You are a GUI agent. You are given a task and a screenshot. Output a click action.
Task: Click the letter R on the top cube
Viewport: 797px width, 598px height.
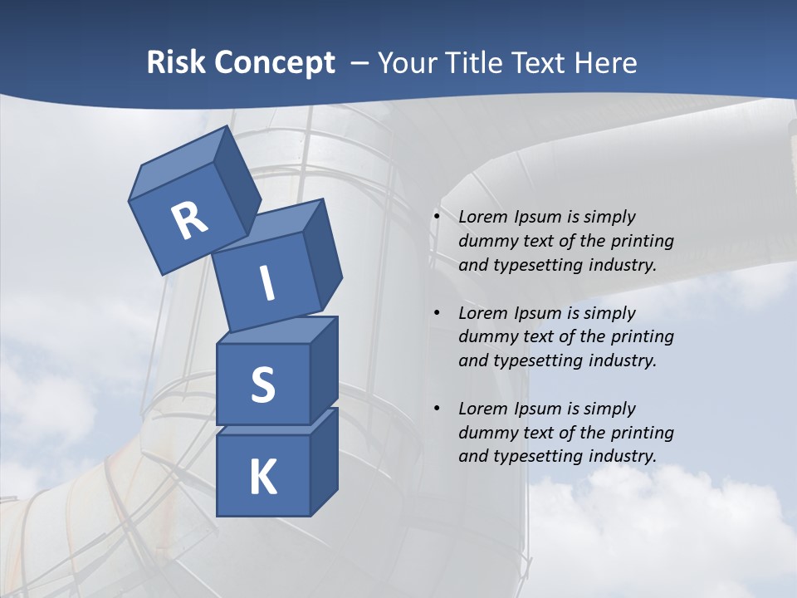[x=189, y=221]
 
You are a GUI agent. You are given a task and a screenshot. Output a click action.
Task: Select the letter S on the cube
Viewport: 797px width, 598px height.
[x=262, y=385]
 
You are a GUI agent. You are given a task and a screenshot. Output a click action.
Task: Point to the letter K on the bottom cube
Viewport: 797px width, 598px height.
[x=262, y=478]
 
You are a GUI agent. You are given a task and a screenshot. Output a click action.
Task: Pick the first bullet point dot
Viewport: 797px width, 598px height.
[x=437, y=218]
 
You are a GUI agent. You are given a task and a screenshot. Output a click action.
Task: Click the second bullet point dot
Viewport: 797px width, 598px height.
[x=437, y=313]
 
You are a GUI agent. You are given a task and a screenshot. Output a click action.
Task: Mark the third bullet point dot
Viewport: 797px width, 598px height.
[x=437, y=409]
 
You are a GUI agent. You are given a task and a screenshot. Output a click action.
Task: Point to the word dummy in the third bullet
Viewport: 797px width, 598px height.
[x=486, y=433]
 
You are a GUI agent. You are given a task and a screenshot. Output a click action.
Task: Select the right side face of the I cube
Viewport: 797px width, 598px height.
[x=323, y=253]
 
